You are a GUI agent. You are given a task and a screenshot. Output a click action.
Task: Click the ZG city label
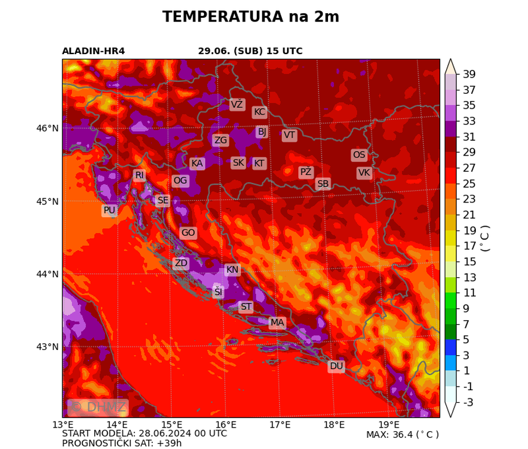[x=220, y=140]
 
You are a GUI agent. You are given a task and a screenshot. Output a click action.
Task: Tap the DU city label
[x=336, y=366]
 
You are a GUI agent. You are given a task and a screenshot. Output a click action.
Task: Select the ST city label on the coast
[x=246, y=307]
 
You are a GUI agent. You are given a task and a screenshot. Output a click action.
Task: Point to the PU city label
[x=109, y=210]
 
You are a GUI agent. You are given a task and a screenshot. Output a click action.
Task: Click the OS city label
[x=359, y=155]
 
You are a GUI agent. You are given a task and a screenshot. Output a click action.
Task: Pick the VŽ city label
[x=237, y=105]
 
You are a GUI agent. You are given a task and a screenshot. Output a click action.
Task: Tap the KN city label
[x=232, y=270]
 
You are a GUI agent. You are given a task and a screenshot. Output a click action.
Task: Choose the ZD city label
[x=181, y=263]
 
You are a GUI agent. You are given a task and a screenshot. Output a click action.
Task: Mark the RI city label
[x=139, y=175]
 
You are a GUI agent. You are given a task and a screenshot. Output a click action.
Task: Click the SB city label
[x=323, y=184]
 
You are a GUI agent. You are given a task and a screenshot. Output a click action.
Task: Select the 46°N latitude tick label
[x=47, y=128]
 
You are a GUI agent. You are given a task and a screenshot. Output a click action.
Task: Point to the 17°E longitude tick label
[x=280, y=425]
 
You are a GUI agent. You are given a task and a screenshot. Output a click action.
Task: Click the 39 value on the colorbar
[x=469, y=74]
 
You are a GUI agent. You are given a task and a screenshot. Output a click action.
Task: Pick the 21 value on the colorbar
[x=469, y=215]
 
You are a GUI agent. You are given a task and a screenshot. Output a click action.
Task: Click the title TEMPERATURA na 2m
[x=251, y=17]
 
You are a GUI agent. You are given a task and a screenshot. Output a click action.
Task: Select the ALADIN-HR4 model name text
[x=93, y=51]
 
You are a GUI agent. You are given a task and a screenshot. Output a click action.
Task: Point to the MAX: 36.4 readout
[x=402, y=435]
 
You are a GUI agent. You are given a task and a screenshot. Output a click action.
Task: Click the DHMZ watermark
[x=98, y=407]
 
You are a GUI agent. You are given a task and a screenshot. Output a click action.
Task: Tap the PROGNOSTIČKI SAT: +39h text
[x=122, y=443]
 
